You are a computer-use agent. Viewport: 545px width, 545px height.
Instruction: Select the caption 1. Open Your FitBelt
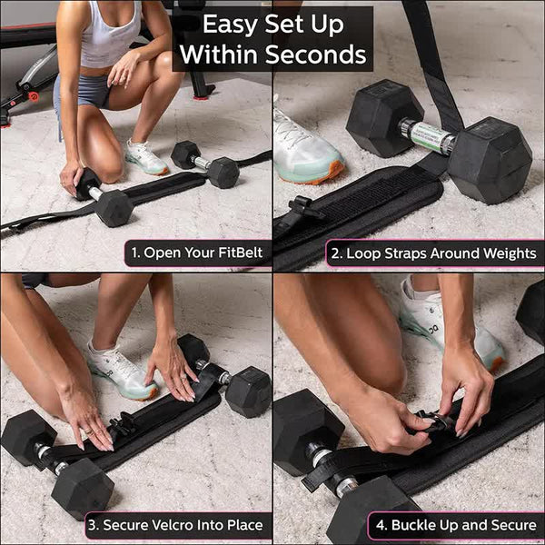(197, 252)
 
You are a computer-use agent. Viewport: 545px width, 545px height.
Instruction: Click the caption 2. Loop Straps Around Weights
(434, 252)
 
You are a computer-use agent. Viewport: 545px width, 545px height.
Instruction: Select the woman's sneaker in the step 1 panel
(145, 157)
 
